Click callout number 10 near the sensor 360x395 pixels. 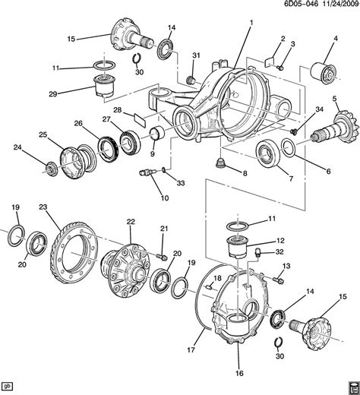tap(165, 199)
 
